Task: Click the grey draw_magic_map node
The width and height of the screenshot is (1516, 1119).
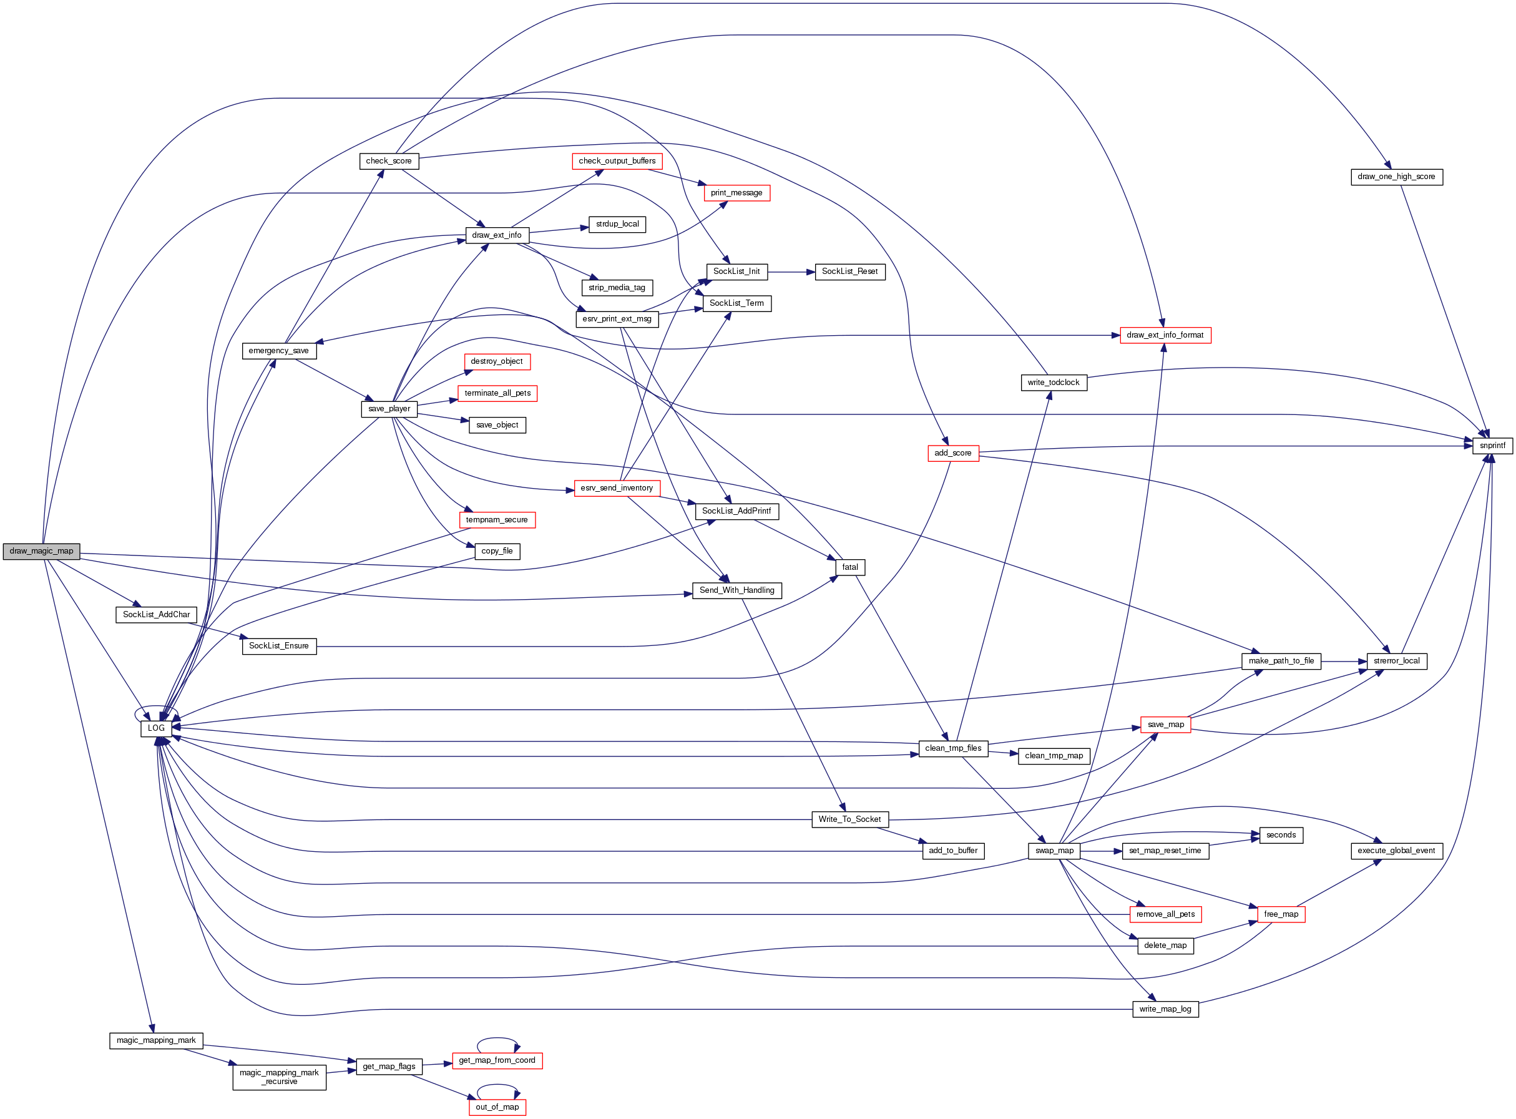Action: click(41, 551)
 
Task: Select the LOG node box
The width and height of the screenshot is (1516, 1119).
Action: click(156, 728)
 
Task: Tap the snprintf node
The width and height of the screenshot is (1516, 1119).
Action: click(1492, 446)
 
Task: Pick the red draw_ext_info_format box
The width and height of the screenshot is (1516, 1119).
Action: click(1165, 335)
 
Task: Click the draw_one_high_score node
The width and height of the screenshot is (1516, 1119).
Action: click(1396, 177)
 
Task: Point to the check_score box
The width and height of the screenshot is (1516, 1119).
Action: click(389, 161)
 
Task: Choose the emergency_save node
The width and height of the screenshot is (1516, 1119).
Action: click(278, 351)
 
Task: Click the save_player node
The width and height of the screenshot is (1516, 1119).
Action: click(389, 409)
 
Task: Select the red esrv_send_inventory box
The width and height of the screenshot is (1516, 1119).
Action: click(617, 489)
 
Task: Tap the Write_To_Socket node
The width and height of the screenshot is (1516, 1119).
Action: click(849, 819)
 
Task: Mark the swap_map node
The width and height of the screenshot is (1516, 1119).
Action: click(1054, 851)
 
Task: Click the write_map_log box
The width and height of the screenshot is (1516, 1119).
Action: click(1165, 1009)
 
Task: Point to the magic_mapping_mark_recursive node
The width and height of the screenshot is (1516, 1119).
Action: click(279, 1077)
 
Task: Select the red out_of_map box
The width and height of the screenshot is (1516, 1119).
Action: click(497, 1107)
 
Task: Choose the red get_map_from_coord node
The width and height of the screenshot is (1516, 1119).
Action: click(497, 1061)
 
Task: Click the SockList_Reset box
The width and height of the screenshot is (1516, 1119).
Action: click(849, 271)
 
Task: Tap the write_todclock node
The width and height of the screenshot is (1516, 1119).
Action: click(1054, 383)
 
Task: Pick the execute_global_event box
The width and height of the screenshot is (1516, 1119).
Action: click(1396, 851)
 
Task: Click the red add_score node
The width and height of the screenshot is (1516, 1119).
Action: click(952, 453)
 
